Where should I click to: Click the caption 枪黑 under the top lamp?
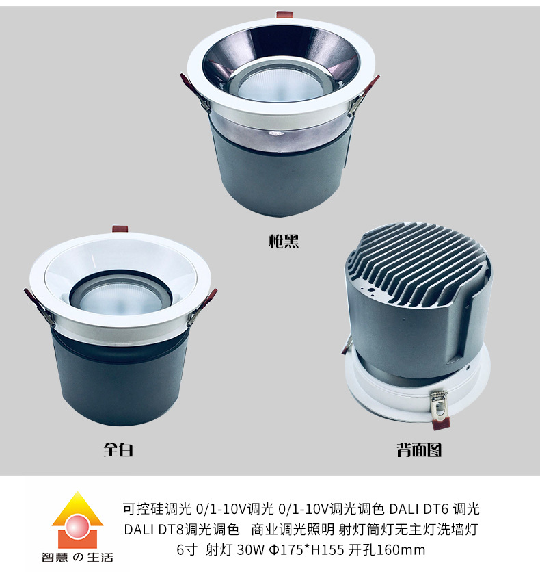point(284,241)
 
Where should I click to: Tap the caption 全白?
point(118,450)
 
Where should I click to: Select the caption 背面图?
point(419,450)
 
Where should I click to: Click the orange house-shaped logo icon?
point(78,520)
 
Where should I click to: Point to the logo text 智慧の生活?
point(77,558)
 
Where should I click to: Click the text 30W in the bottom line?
point(250,549)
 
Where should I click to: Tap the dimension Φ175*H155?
point(306,549)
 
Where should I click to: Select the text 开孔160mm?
point(387,549)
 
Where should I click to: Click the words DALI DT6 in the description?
point(419,509)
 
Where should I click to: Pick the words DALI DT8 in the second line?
point(154,530)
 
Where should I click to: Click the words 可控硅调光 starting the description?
point(157,509)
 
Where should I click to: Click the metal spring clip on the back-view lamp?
point(438,405)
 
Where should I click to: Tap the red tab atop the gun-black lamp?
point(284,14)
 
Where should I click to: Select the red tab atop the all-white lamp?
point(120,229)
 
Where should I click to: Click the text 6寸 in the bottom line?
point(187,549)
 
